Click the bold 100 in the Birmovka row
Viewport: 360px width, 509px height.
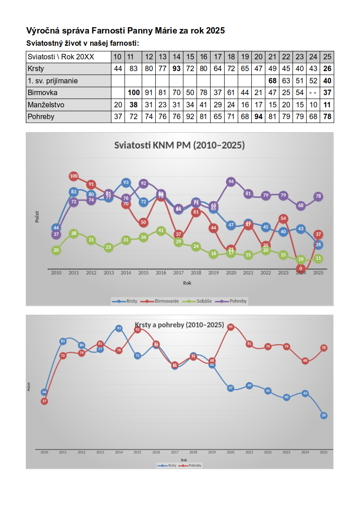click(x=134, y=93)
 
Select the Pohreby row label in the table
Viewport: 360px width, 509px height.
click(x=41, y=116)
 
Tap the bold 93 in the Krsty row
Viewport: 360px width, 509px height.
click(x=177, y=69)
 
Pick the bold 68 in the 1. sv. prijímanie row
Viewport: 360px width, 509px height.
click(x=272, y=81)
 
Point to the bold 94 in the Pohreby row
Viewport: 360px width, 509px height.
click(x=259, y=116)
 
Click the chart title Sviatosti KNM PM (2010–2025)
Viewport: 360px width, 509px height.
click(x=179, y=145)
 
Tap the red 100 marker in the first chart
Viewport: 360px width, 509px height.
click(x=74, y=176)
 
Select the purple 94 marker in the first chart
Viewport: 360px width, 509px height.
click(x=231, y=182)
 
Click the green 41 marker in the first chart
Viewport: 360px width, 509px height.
click(x=161, y=230)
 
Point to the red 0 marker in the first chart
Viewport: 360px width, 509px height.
click(x=301, y=269)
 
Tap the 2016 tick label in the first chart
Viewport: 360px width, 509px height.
click(x=161, y=273)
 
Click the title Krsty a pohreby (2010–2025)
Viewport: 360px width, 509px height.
click(x=179, y=325)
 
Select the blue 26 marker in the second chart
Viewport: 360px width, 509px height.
click(x=324, y=415)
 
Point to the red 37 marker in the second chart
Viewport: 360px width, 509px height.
click(x=44, y=401)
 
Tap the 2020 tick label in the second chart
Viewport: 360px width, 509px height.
click(x=230, y=452)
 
